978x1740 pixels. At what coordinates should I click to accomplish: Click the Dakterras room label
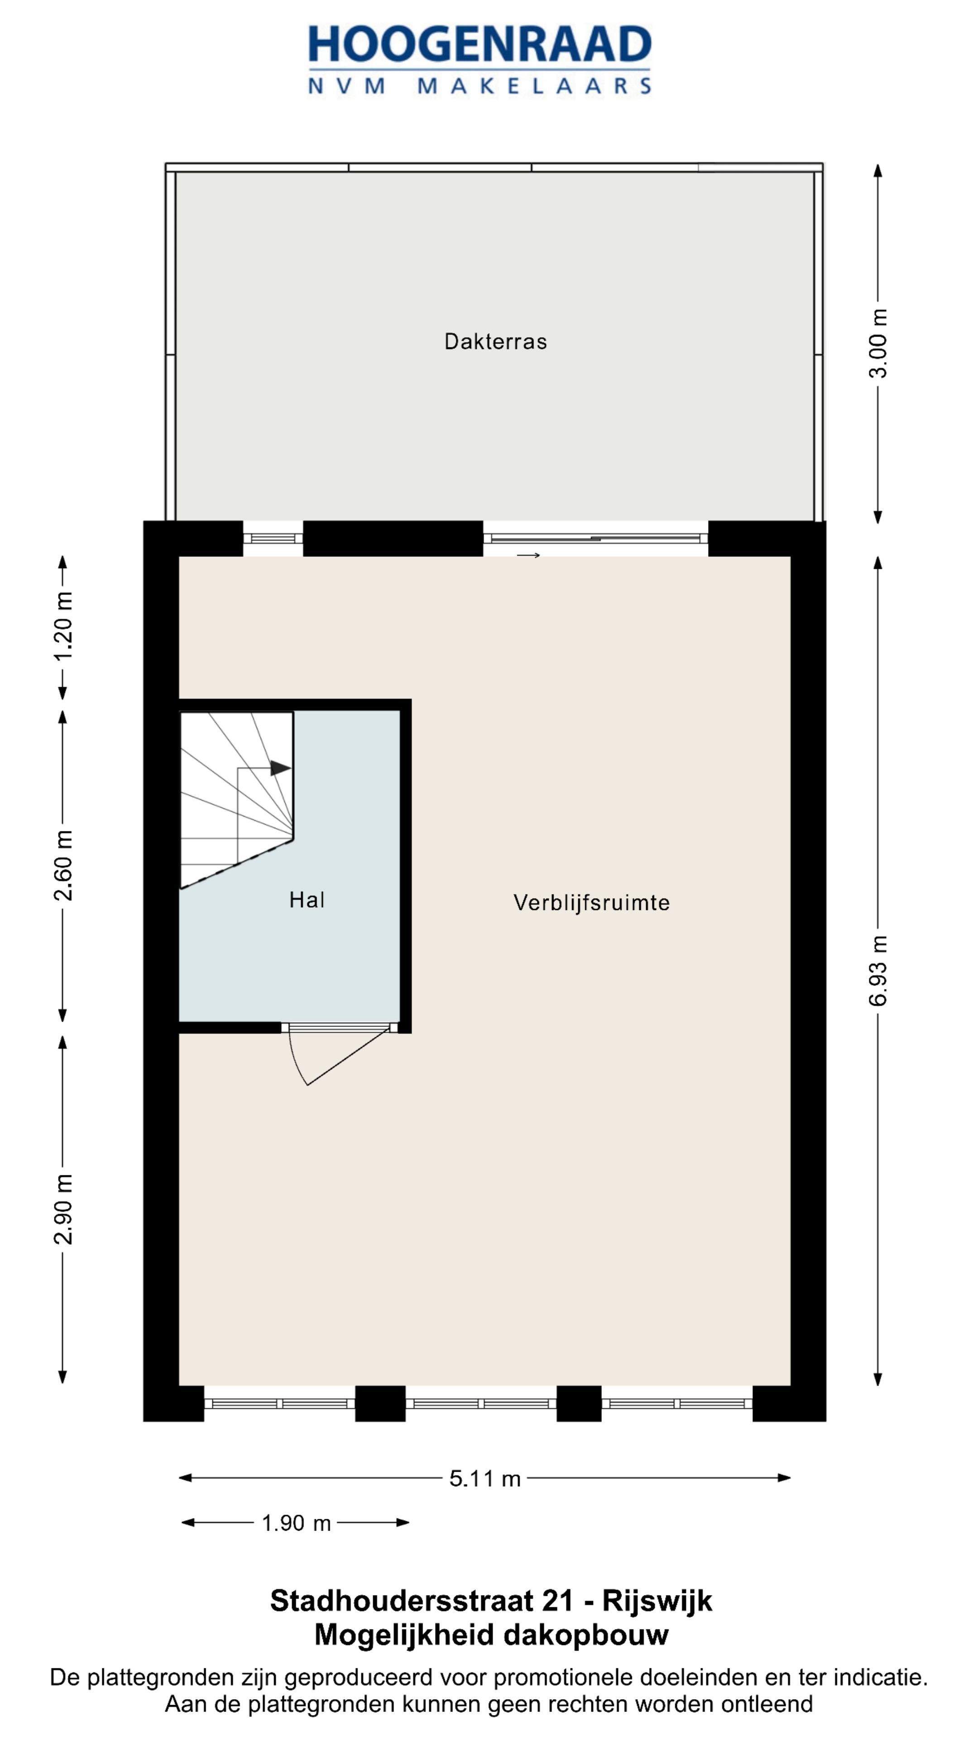point(495,342)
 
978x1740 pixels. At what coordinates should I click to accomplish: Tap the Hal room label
point(307,900)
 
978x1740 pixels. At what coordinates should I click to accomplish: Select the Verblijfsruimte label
point(591,903)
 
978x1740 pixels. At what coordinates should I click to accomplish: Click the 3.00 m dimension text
point(877,343)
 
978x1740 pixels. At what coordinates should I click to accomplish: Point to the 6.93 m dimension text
point(877,970)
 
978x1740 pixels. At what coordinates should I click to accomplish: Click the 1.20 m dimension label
point(63,626)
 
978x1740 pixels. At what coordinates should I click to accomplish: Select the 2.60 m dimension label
point(63,865)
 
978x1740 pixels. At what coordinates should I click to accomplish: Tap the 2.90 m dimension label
point(63,1209)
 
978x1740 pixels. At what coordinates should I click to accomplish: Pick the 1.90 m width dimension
point(296,1523)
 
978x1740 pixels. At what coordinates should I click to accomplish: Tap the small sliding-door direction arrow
point(528,555)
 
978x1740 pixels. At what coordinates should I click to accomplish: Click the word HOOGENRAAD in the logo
point(479,45)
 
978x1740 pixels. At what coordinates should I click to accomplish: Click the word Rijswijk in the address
point(657,1601)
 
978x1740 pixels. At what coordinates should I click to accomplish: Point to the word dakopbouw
point(586,1634)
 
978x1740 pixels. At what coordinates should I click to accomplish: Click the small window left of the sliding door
point(273,538)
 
